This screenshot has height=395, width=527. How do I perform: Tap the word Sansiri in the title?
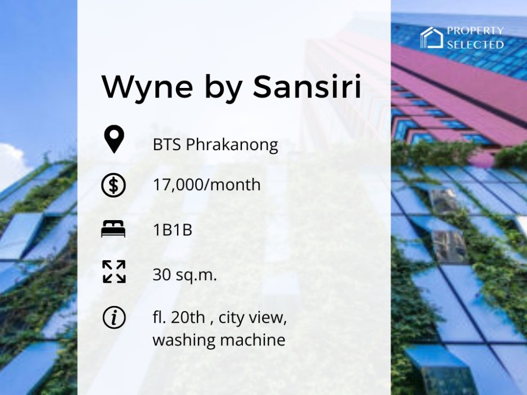307,86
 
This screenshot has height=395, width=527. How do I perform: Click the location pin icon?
114,139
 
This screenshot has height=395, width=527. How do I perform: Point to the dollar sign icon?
114,185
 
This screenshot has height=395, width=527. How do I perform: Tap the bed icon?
113,229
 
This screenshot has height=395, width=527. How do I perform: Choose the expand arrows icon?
114,271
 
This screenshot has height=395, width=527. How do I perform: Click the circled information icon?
114,317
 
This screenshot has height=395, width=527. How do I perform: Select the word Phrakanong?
232,145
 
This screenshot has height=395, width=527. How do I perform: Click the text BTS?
168,144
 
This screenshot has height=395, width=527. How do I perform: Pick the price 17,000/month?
207,185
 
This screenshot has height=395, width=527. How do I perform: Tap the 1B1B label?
172,230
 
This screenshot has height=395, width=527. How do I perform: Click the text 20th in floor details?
188,317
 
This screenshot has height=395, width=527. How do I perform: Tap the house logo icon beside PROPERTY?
432,37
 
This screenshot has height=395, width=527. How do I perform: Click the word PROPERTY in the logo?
475,31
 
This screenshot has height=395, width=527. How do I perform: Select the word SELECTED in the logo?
475,45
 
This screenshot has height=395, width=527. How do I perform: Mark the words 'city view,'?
253,318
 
